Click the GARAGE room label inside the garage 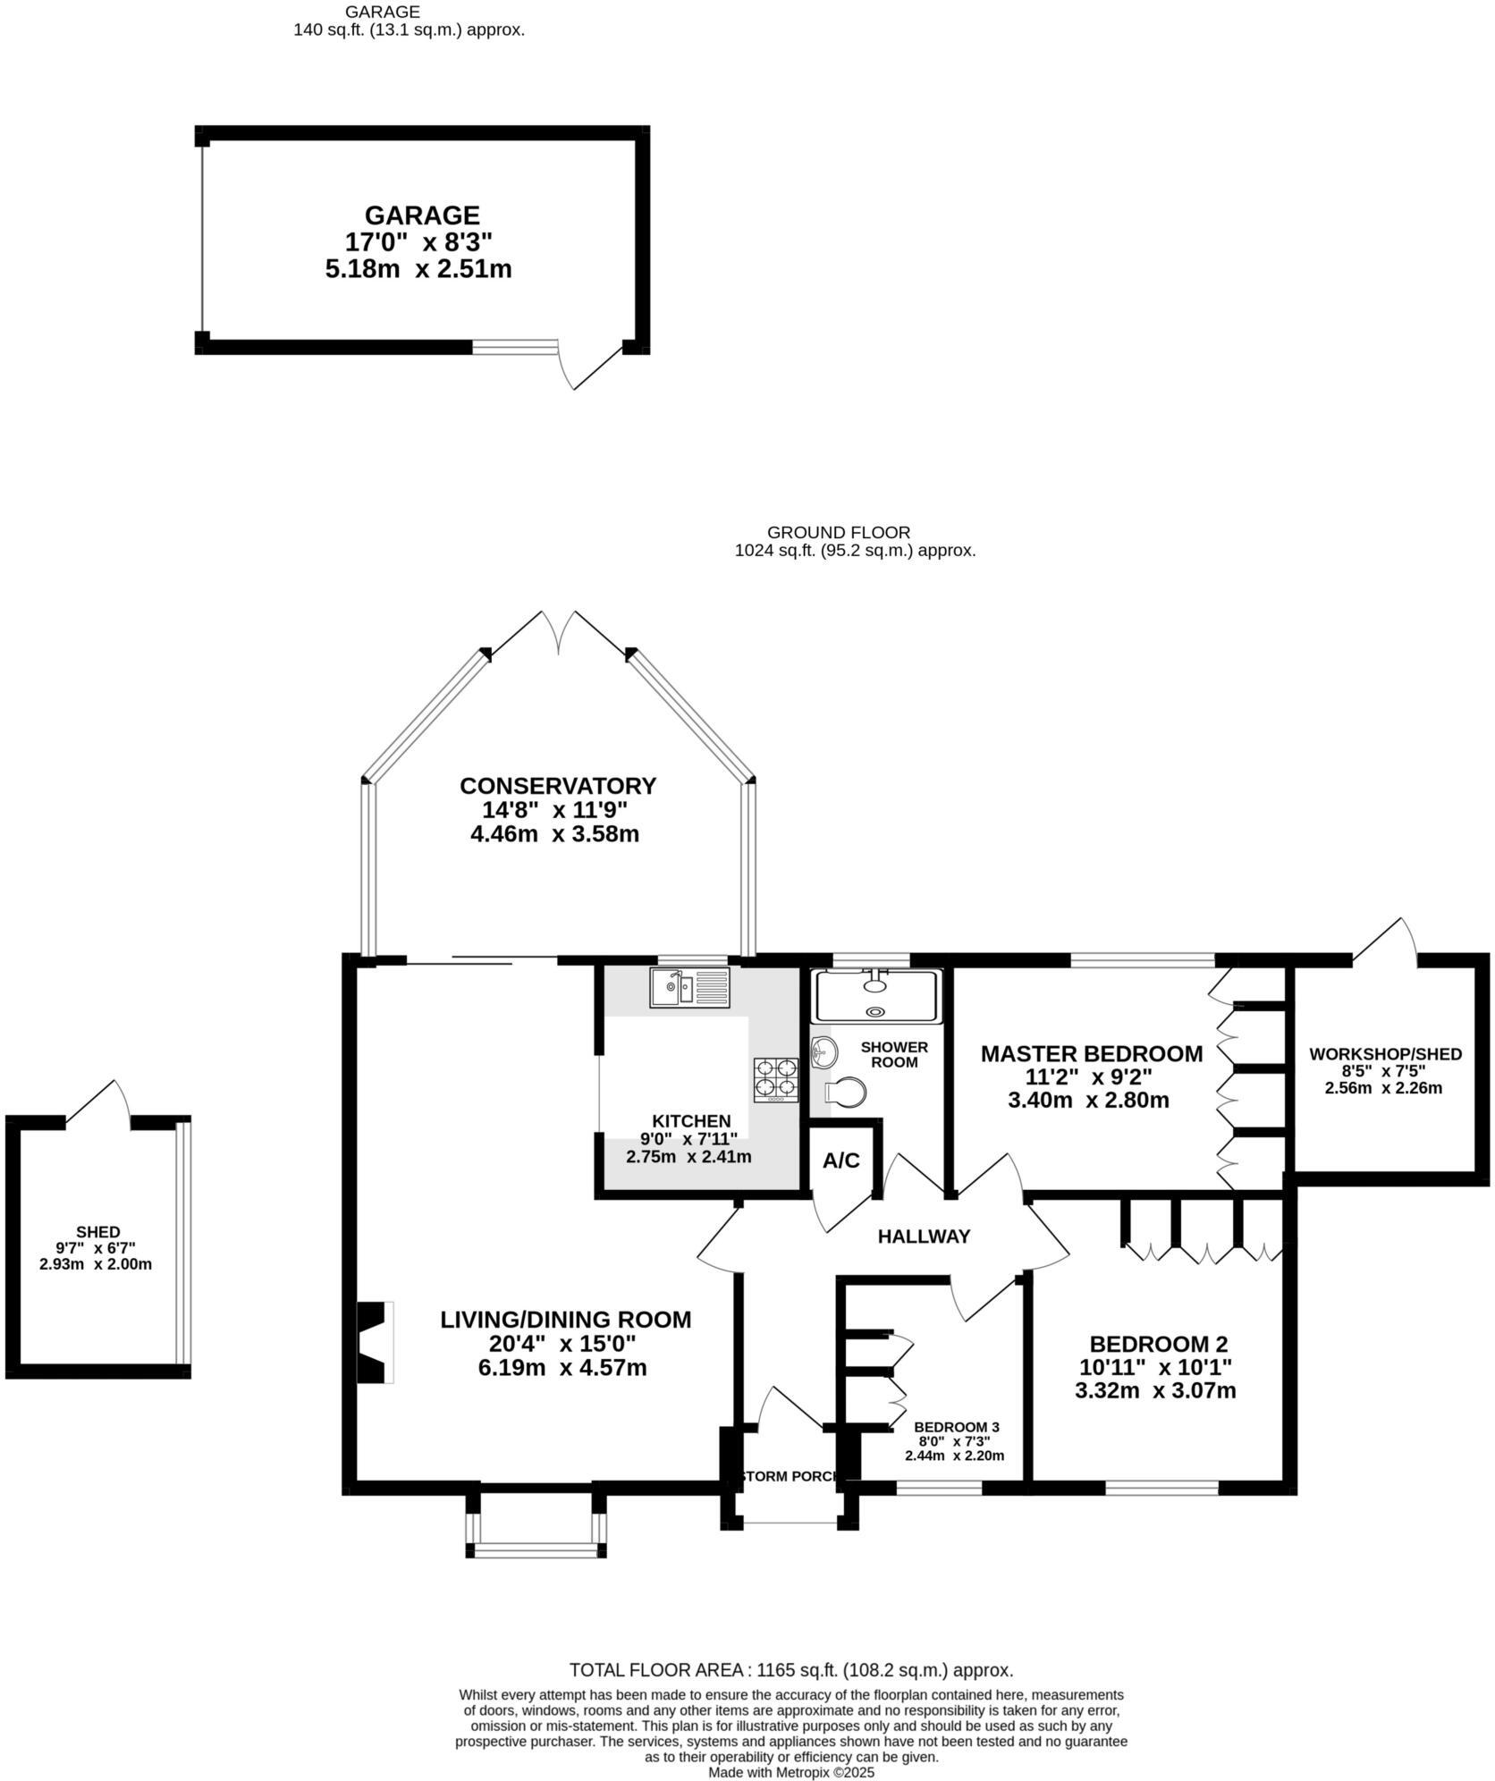pyautogui.click(x=421, y=215)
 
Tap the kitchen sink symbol pyautogui.click(x=690, y=988)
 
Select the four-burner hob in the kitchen pyautogui.click(x=776, y=1078)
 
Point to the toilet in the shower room pyautogui.click(x=845, y=1092)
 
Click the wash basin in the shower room pyautogui.click(x=824, y=1051)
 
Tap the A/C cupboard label pyautogui.click(x=840, y=1161)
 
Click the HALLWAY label pyautogui.click(x=924, y=1237)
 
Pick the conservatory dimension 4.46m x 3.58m pyautogui.click(x=554, y=834)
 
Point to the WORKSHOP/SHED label pyautogui.click(x=1385, y=1054)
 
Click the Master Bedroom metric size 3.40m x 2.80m pyautogui.click(x=1088, y=1100)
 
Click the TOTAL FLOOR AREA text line pyautogui.click(x=790, y=1670)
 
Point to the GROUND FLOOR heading pyautogui.click(x=838, y=533)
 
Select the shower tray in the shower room pyautogui.click(x=874, y=996)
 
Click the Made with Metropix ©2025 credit pyautogui.click(x=790, y=1771)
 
